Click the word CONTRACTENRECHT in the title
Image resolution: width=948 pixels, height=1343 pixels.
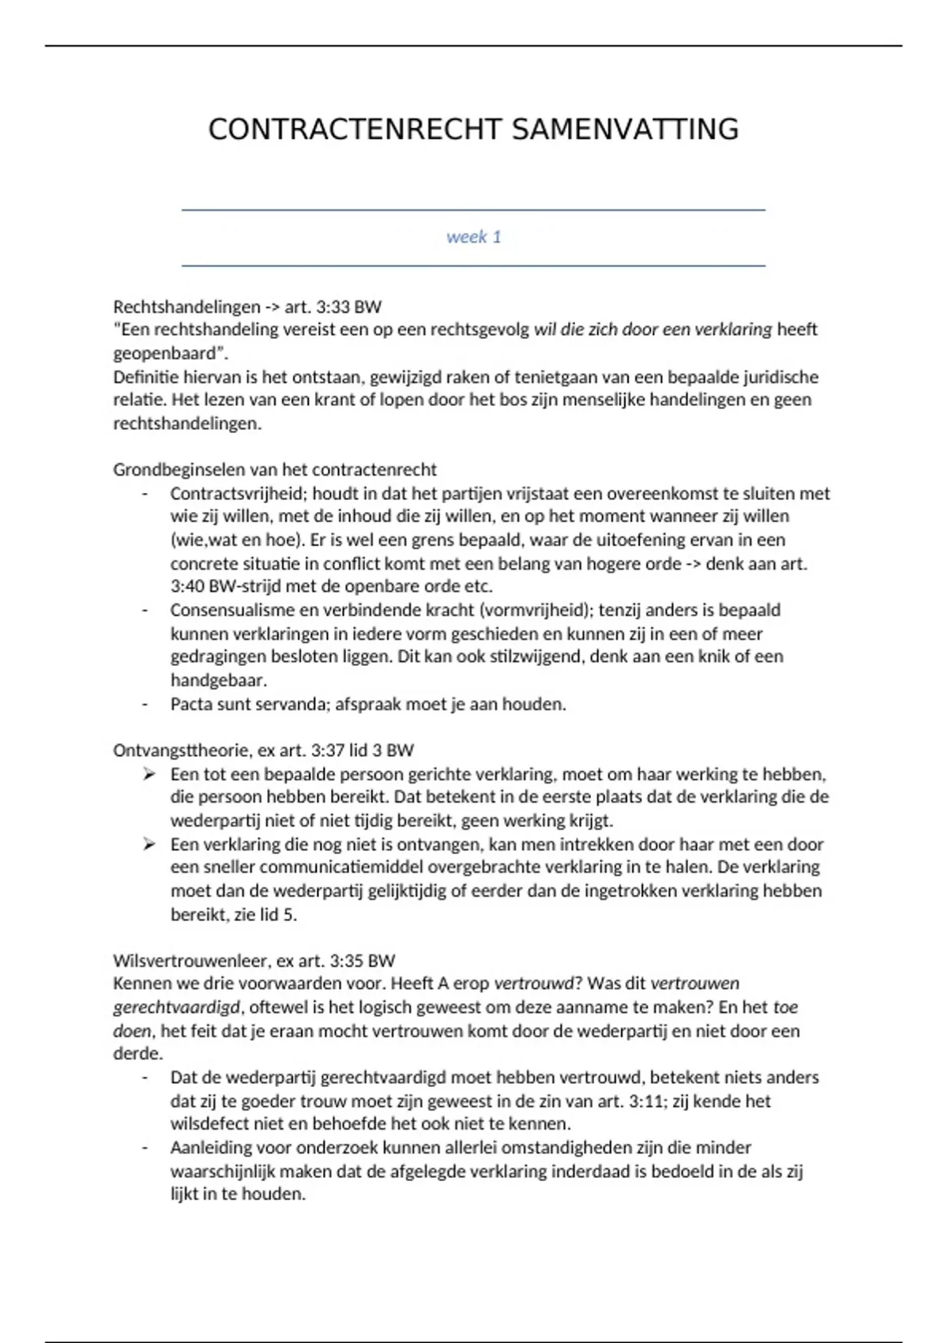point(355,130)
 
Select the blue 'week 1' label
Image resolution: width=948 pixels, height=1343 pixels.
point(473,237)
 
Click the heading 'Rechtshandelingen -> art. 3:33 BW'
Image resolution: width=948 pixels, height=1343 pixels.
point(247,307)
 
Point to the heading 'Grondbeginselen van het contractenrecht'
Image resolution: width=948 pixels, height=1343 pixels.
point(274,470)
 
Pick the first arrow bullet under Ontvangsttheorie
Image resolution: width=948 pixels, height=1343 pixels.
point(149,774)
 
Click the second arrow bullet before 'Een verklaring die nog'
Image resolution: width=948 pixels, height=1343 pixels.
point(149,845)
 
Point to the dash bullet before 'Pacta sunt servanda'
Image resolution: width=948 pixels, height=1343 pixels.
point(145,704)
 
